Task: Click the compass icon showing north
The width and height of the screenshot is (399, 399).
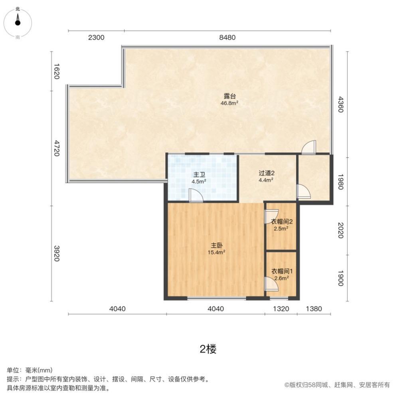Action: [x=18, y=23]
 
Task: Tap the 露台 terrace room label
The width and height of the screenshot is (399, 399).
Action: [x=230, y=96]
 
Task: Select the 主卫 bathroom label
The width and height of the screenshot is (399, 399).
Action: [x=199, y=175]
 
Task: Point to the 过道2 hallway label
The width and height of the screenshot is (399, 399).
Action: [x=267, y=173]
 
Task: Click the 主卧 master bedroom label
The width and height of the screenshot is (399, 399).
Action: [x=217, y=245]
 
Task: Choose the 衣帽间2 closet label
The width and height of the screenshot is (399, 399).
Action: [x=282, y=221]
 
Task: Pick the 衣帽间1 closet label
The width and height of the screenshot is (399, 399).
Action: [x=282, y=271]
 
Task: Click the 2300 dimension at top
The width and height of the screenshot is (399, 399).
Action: [x=96, y=38]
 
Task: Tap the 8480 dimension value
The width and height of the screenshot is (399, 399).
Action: [x=227, y=38]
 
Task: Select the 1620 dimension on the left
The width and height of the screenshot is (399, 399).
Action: [x=57, y=71]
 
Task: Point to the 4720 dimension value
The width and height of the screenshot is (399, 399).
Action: [x=57, y=148]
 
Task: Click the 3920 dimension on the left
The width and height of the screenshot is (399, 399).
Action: [x=57, y=253]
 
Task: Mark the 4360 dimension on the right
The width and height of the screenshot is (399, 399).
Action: [x=340, y=104]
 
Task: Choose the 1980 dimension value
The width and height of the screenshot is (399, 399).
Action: [x=340, y=182]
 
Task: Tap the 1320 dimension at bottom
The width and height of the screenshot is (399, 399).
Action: [x=281, y=309]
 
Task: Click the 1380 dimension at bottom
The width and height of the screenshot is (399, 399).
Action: [x=314, y=309]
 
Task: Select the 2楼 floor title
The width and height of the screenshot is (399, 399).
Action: [x=208, y=349]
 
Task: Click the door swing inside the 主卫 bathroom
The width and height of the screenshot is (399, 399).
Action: [x=196, y=196]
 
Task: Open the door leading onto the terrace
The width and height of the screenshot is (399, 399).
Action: [x=309, y=147]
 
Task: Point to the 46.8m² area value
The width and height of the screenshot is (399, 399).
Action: [x=229, y=103]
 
